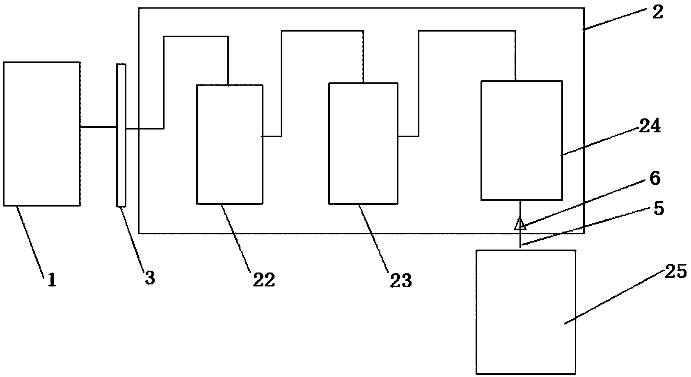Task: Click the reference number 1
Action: [x=52, y=281]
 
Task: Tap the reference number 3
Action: [x=150, y=278]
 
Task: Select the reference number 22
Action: [x=263, y=280]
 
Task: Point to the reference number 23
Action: [x=400, y=281]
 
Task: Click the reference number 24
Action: [x=649, y=127]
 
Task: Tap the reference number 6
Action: [x=655, y=179]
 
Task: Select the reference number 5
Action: [x=658, y=209]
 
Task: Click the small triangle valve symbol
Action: [x=520, y=224]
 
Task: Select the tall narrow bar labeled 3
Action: [x=121, y=135]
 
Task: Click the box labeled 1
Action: [x=41, y=134]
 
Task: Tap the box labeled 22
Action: [x=229, y=144]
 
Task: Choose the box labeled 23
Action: [x=363, y=143]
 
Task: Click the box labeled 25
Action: [x=525, y=312]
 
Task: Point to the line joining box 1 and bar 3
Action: [x=98, y=127]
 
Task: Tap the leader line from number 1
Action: [x=30, y=242]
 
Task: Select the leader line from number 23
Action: [x=374, y=237]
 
